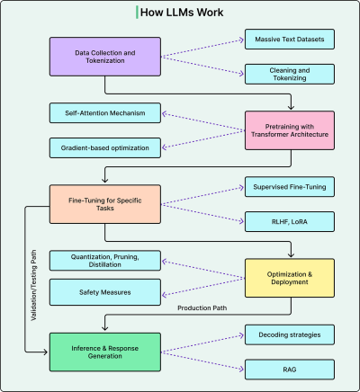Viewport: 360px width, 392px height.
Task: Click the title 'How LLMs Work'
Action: [183, 12]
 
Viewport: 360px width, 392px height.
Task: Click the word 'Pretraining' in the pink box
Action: [270, 126]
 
